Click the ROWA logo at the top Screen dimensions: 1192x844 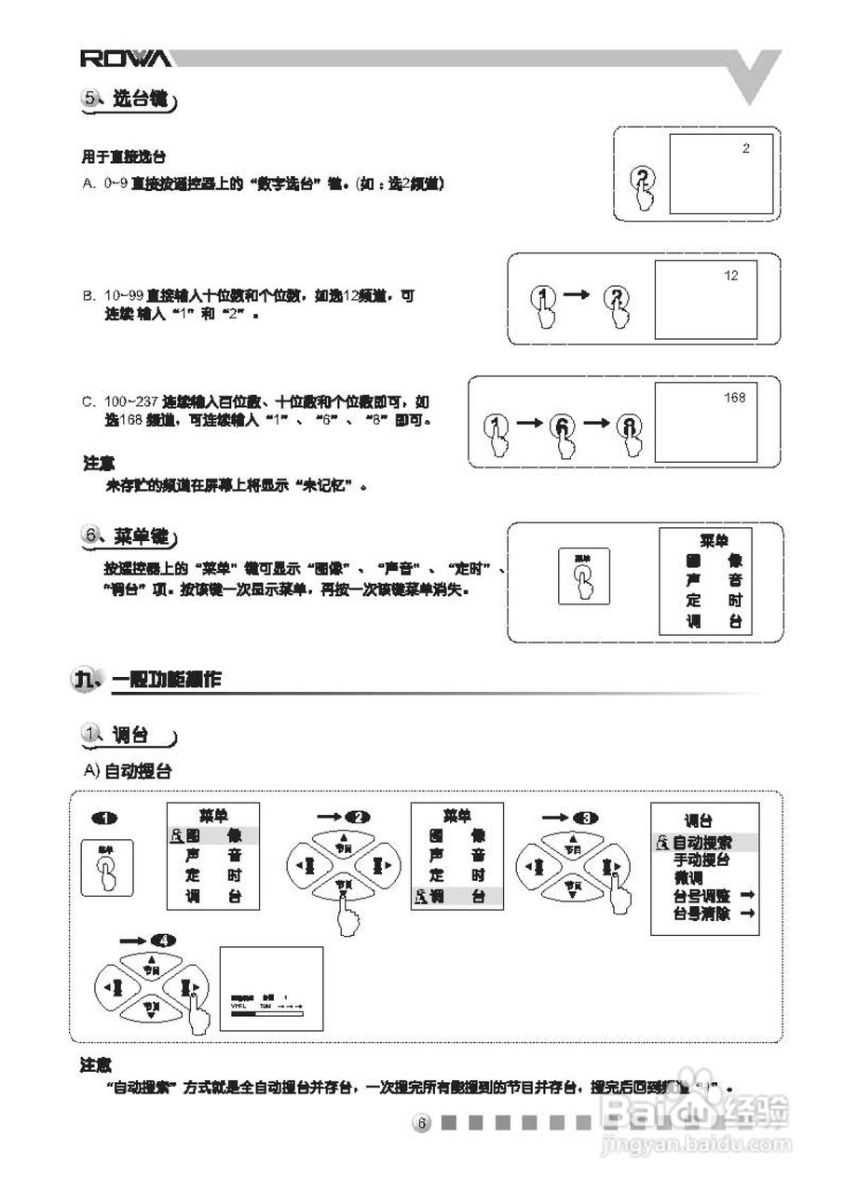(125, 60)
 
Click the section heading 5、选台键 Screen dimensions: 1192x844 (129, 100)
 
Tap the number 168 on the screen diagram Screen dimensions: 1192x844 (735, 398)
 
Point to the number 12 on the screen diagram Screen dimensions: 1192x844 (731, 276)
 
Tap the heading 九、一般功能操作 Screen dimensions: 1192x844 (149, 680)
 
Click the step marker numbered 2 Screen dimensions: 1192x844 (357, 817)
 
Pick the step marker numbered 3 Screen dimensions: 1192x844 (585, 817)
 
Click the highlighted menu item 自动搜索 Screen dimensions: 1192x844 (702, 843)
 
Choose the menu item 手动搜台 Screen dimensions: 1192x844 (701, 860)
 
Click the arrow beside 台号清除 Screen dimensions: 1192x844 (746, 914)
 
